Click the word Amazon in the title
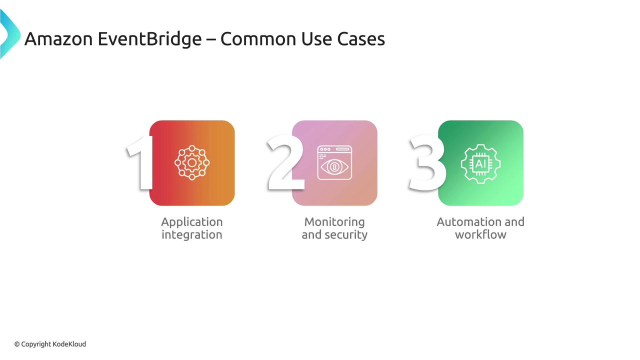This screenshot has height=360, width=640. (x=58, y=39)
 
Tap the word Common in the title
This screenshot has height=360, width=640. (x=258, y=39)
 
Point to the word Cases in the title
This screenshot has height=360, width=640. (x=361, y=39)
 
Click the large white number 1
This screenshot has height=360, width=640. (x=140, y=163)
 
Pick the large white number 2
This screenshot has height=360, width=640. (x=285, y=162)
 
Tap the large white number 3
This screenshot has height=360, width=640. (x=426, y=163)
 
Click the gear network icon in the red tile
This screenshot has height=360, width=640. (x=192, y=163)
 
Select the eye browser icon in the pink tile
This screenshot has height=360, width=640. (x=334, y=163)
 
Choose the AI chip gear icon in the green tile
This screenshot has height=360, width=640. (x=480, y=164)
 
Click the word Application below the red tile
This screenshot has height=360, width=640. (x=192, y=222)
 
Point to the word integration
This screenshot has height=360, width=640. (x=191, y=235)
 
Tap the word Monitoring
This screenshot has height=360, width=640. (x=334, y=222)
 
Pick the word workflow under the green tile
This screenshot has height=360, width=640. (x=480, y=234)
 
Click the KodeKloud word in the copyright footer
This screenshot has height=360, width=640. (x=69, y=344)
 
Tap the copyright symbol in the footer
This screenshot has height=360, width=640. (x=17, y=344)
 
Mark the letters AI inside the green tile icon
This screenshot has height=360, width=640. (x=480, y=164)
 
